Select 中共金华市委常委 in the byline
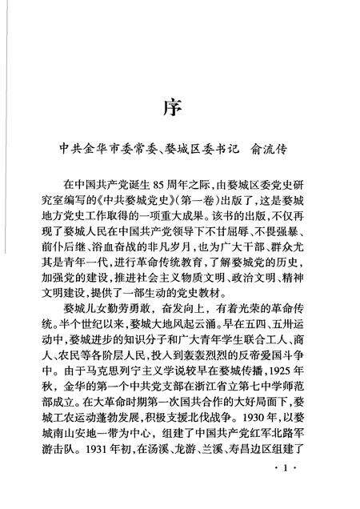103,150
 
